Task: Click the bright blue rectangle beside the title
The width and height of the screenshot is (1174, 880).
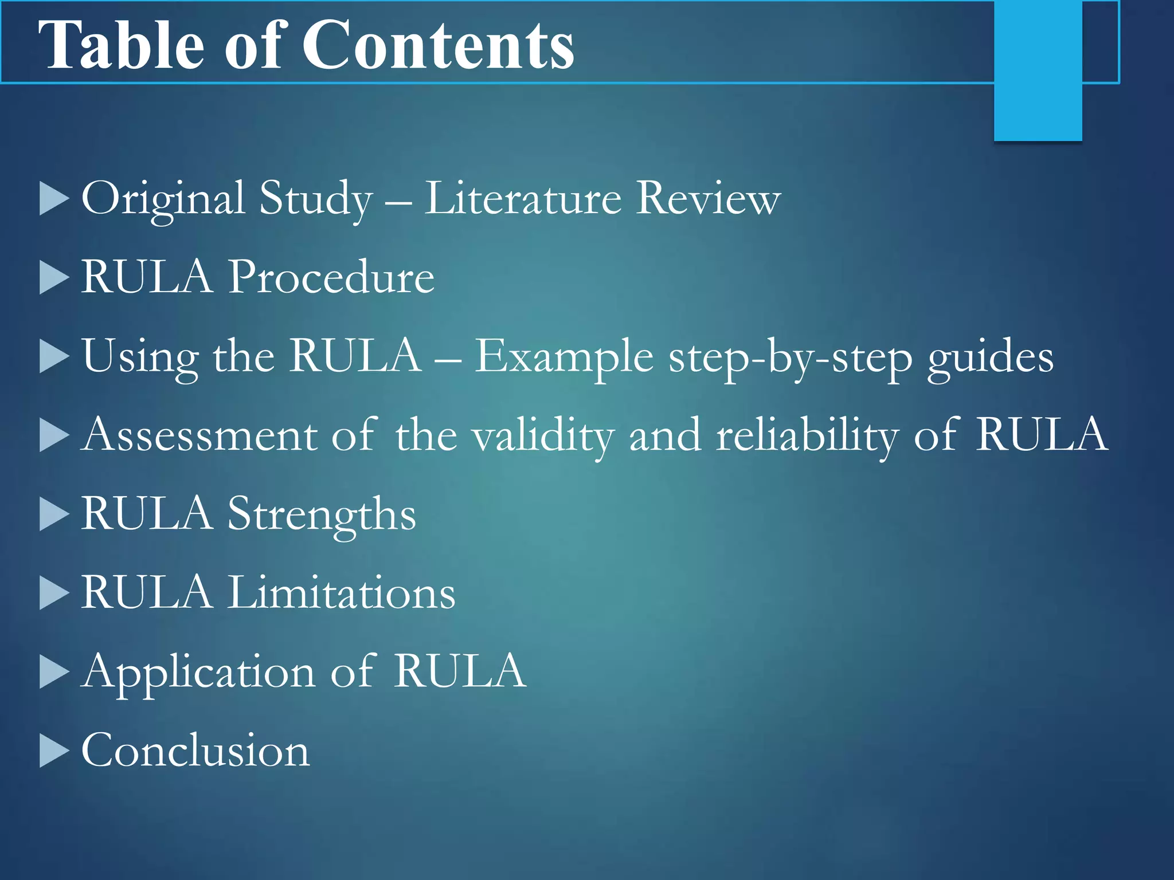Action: click(x=1038, y=70)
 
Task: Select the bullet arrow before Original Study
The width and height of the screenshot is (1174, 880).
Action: click(x=54, y=199)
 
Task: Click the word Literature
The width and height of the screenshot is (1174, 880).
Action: click(x=522, y=199)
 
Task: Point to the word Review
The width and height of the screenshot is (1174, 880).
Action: click(x=709, y=199)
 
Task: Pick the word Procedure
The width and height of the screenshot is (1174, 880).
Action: click(x=331, y=277)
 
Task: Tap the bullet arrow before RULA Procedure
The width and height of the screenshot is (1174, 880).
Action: click(x=54, y=277)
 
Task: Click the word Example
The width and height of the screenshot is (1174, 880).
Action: click(x=564, y=356)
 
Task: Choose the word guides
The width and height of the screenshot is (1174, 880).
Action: click(x=991, y=359)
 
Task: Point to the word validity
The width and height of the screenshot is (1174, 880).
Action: click(x=543, y=436)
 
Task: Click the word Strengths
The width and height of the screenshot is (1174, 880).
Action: click(x=322, y=514)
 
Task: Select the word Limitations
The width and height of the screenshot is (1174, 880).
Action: click(x=342, y=592)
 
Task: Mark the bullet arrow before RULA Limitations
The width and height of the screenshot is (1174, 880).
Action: click(x=54, y=592)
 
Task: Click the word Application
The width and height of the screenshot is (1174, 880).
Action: click(x=198, y=673)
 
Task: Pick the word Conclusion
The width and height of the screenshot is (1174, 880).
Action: click(x=195, y=750)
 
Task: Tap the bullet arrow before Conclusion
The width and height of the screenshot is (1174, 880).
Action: click(x=54, y=750)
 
